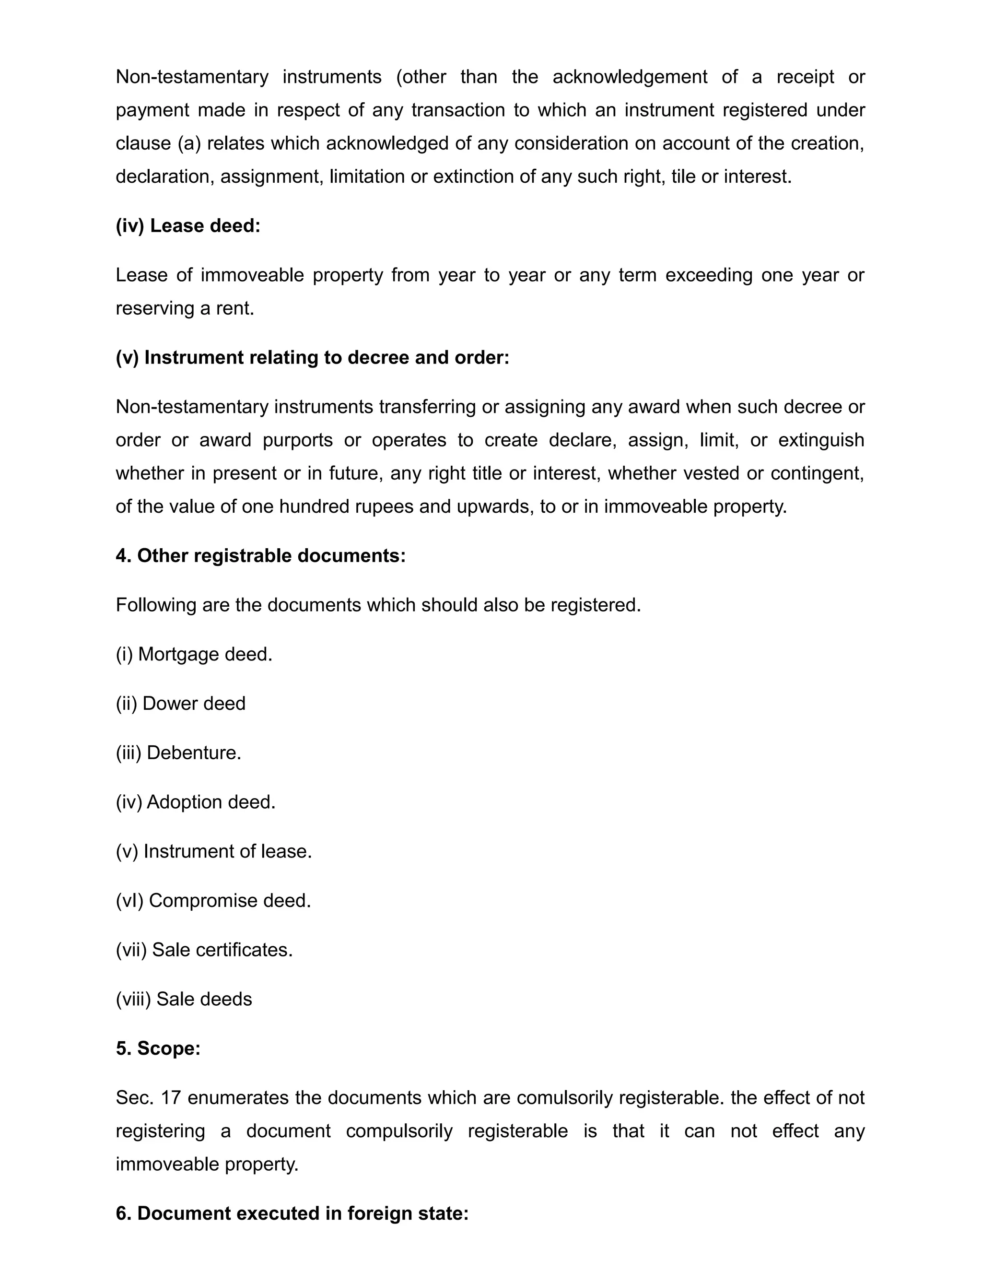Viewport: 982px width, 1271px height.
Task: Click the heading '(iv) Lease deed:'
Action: click(188, 226)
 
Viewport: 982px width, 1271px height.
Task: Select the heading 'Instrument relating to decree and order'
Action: click(313, 357)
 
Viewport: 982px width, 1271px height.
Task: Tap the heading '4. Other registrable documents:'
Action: click(260, 556)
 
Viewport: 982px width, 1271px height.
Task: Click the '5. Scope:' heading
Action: click(158, 1048)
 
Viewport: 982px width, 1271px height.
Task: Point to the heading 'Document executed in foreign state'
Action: click(292, 1213)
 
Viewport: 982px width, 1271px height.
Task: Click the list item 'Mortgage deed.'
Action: click(194, 654)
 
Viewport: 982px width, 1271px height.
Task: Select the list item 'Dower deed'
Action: click(180, 704)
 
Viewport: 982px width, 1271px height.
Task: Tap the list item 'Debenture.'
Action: click(178, 753)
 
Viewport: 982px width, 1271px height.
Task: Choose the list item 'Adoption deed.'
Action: click(196, 802)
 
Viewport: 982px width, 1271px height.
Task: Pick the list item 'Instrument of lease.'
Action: click(213, 851)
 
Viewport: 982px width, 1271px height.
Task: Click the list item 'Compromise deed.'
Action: click(213, 900)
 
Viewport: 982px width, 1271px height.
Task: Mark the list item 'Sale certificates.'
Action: click(204, 950)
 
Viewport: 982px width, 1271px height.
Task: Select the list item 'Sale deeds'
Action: click(184, 999)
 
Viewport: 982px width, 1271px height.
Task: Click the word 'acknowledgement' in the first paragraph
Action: click(630, 77)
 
